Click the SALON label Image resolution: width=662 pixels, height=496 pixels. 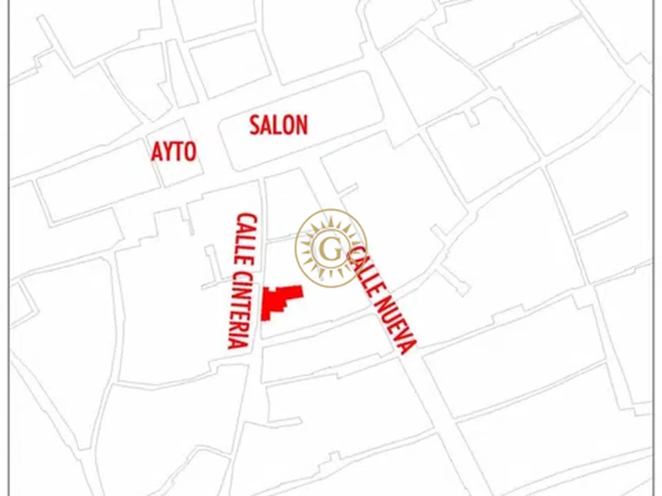click(278, 126)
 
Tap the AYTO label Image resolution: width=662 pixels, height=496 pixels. click(174, 152)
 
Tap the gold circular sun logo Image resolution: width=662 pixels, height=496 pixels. click(331, 247)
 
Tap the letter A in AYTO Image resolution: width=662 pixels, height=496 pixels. click(157, 152)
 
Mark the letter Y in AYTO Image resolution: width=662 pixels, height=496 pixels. click(168, 152)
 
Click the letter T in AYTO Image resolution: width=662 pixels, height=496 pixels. click(178, 152)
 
